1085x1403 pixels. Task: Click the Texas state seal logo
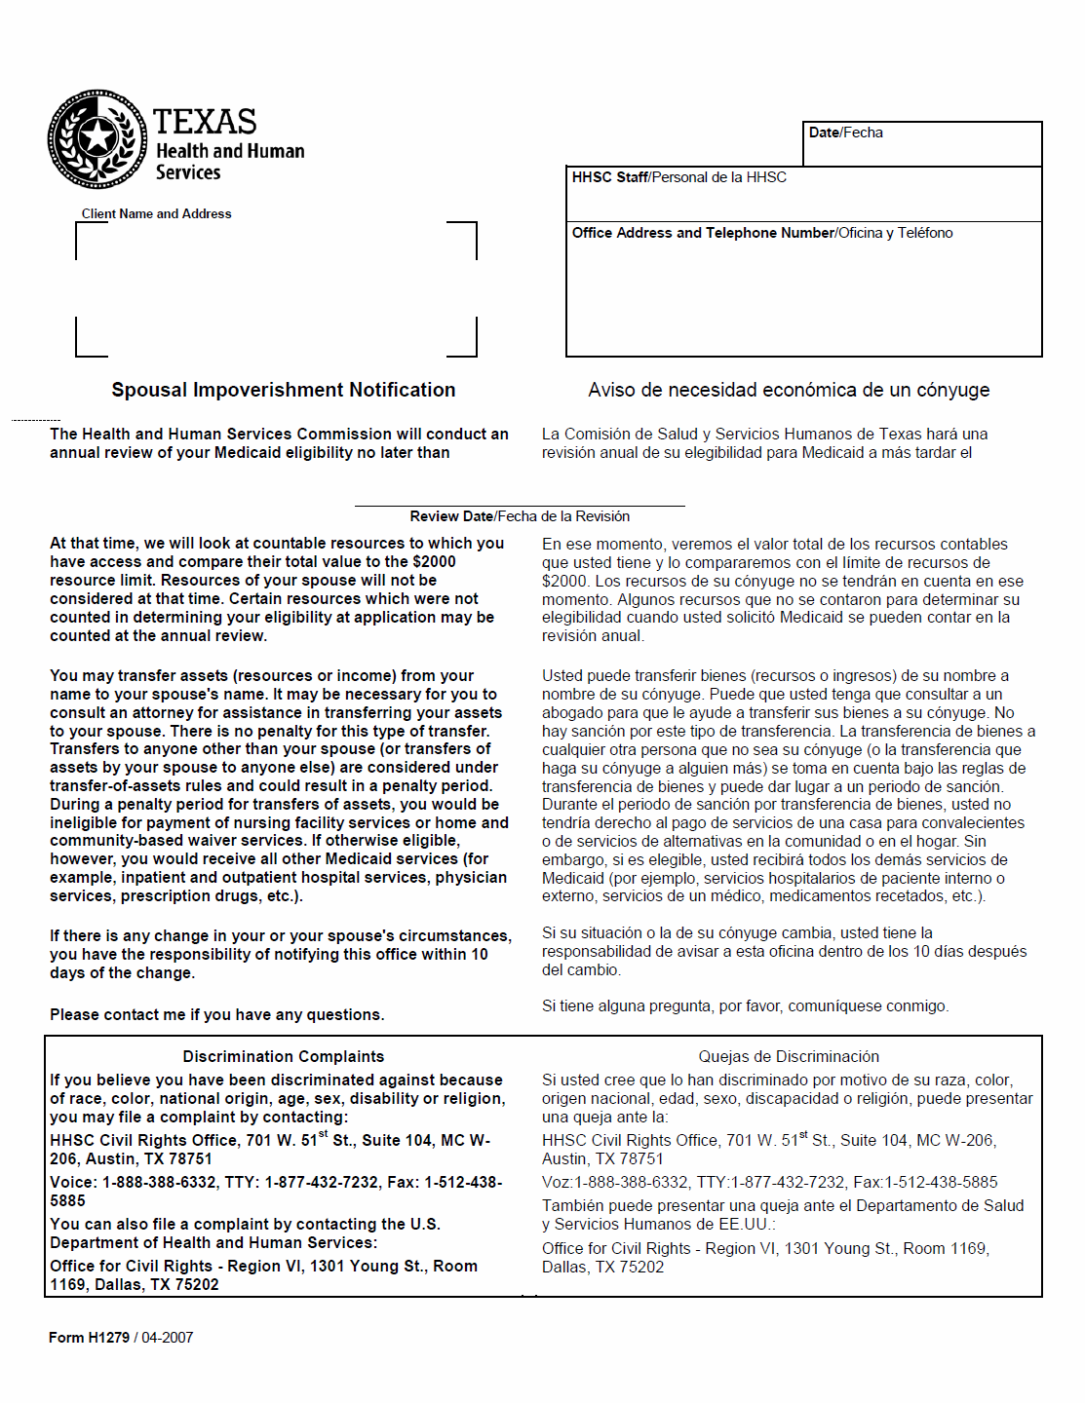[x=97, y=139]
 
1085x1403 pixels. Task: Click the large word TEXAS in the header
[x=205, y=122]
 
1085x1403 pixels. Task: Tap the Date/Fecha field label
[x=845, y=133]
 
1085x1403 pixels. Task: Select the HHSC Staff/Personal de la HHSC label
[x=678, y=177]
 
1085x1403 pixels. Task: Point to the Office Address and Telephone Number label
[x=761, y=233]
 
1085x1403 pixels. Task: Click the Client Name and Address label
[x=156, y=214]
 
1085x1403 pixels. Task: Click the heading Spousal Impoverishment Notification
[x=283, y=390]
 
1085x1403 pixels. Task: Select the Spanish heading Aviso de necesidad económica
[x=788, y=390]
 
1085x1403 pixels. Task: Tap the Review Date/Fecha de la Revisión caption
[x=520, y=516]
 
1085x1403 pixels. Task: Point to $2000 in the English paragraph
[x=434, y=562]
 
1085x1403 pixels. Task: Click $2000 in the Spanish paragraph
[x=564, y=582]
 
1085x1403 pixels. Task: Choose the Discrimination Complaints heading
[x=283, y=1057]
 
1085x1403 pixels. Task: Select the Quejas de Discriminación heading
[x=788, y=1057]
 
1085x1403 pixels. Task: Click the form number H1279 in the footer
[x=108, y=1338]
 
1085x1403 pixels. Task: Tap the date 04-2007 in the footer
[x=167, y=1338]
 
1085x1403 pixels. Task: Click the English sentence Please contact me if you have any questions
[x=216, y=1015]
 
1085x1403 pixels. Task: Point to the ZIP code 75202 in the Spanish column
[x=641, y=1268]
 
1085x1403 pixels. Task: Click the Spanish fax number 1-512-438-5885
[x=941, y=1183]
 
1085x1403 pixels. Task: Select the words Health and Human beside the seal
[x=230, y=151]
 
